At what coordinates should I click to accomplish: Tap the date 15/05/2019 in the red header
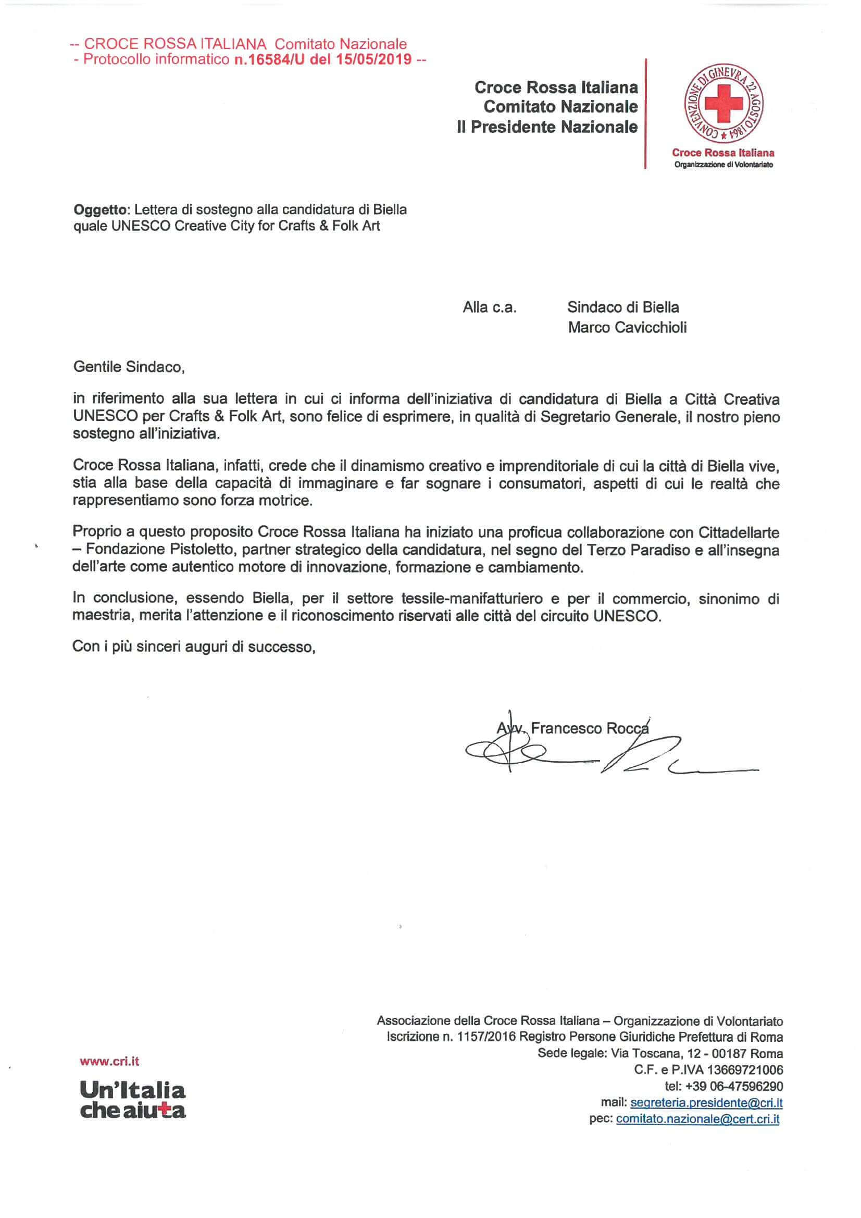coord(373,59)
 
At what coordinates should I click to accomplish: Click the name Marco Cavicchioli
coord(627,327)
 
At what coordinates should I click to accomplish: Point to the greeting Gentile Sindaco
coord(128,367)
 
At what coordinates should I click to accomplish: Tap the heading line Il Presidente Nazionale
coord(547,127)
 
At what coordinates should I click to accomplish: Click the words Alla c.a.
coord(489,308)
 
